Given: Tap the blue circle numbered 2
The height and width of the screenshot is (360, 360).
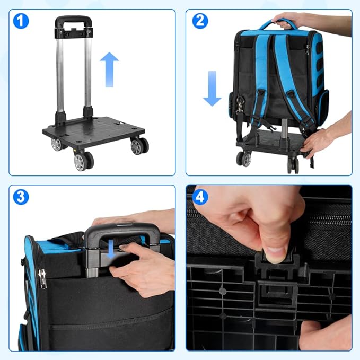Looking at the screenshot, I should click(x=200, y=21).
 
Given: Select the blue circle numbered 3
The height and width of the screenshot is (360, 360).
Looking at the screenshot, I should click(x=21, y=197).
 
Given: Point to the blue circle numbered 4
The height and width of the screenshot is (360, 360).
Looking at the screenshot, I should click(x=200, y=197).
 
